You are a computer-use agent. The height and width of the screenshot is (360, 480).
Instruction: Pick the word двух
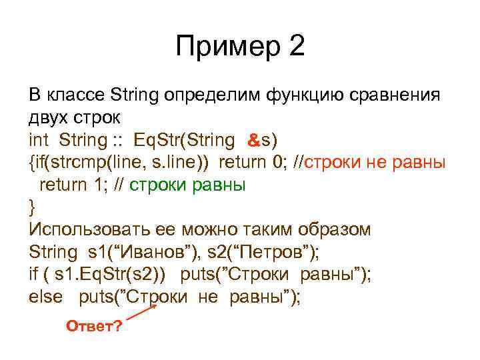point(47,118)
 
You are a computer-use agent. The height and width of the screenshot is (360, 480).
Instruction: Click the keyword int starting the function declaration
point(40,140)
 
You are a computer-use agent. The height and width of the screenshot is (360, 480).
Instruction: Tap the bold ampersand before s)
point(253,141)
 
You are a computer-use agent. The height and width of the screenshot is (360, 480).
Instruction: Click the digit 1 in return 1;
point(94,185)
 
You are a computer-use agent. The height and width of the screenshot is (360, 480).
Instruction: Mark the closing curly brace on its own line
point(33,207)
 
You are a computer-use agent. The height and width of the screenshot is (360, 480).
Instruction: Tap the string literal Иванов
point(150,252)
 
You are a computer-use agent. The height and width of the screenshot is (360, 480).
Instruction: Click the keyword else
point(45,297)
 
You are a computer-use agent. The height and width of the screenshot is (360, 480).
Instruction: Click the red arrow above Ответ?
point(141,313)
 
